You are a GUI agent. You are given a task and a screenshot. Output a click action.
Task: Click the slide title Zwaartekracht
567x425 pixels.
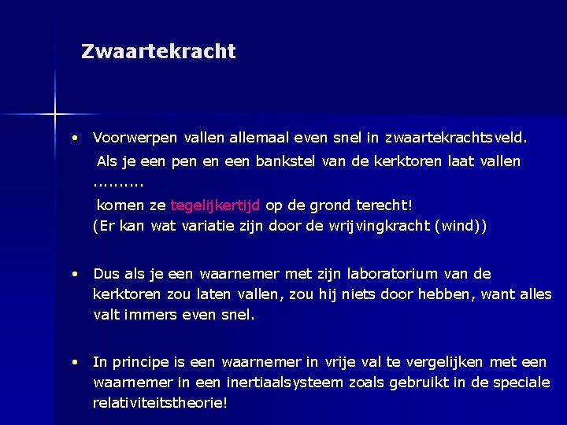click(158, 52)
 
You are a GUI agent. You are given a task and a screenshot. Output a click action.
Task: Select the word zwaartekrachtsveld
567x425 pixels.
click(456, 138)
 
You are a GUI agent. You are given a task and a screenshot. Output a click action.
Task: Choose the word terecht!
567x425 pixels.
click(386, 205)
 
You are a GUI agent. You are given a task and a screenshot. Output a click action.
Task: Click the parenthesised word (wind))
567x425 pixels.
click(461, 227)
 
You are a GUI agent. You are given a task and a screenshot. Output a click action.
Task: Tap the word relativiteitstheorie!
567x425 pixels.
click(160, 403)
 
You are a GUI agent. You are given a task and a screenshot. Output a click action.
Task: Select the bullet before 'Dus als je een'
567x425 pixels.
click(73, 274)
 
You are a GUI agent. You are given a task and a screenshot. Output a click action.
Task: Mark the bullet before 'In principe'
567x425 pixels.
click(73, 362)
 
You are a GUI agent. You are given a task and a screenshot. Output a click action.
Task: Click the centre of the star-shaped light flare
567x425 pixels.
click(55, 115)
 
